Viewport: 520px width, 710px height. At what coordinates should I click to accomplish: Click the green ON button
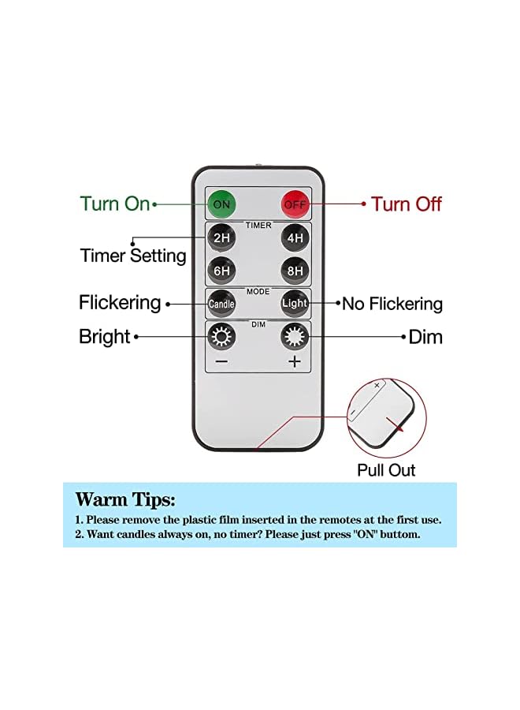click(222, 204)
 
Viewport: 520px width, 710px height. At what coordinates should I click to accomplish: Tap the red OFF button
click(295, 204)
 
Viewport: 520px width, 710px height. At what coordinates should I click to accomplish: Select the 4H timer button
click(295, 237)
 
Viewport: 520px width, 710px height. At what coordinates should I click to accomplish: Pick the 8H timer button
click(295, 270)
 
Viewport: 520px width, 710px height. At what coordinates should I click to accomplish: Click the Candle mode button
click(221, 303)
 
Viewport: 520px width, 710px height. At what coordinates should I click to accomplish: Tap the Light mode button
click(295, 303)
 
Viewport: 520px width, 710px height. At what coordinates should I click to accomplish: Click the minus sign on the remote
click(221, 362)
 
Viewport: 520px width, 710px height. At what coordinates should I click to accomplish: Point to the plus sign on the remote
click(295, 362)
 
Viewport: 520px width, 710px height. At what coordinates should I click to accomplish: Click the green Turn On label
click(114, 204)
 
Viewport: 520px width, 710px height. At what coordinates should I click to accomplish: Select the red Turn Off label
click(407, 204)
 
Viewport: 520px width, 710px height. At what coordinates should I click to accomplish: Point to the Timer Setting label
click(133, 256)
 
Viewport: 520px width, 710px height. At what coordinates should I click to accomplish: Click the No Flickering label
click(392, 304)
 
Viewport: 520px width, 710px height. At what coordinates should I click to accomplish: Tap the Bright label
click(104, 337)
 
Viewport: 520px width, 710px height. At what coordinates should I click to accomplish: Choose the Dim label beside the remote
click(425, 338)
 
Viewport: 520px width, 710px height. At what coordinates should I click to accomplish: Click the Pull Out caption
click(386, 470)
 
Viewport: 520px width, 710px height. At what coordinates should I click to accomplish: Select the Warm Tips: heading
click(125, 499)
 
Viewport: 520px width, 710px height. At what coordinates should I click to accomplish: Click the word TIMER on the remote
click(258, 226)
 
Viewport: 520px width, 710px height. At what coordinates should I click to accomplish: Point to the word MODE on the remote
click(258, 291)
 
